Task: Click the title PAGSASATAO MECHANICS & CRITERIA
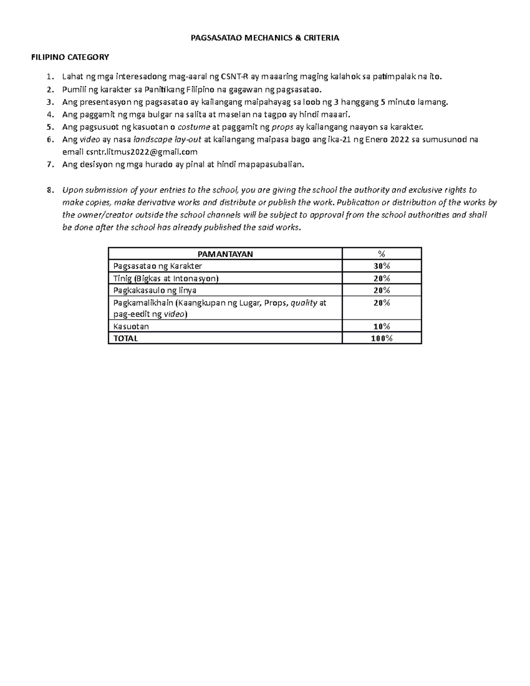(x=265, y=38)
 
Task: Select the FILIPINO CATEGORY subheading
(x=69, y=57)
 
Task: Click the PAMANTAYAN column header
(x=225, y=254)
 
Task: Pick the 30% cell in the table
(x=382, y=266)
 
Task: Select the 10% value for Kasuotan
(x=382, y=326)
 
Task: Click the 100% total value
(x=382, y=338)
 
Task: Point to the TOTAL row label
(x=125, y=338)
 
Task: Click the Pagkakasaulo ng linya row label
(x=155, y=290)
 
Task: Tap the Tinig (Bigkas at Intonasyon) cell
(x=166, y=278)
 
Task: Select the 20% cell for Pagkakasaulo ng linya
(x=382, y=290)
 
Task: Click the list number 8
(x=49, y=190)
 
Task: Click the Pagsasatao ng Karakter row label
(x=157, y=266)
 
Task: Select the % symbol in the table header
(x=382, y=254)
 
